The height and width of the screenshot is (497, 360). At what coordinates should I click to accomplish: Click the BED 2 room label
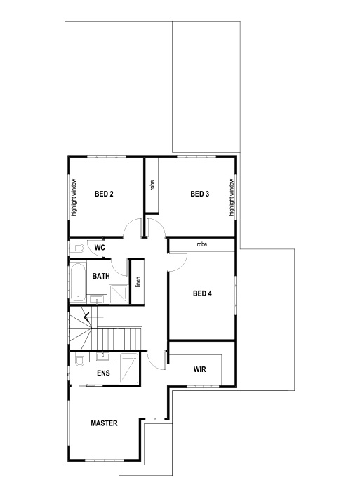[x=104, y=194]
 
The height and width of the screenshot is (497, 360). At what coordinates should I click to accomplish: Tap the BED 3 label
[x=200, y=194]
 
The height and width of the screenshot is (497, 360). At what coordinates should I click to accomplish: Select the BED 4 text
[x=202, y=293]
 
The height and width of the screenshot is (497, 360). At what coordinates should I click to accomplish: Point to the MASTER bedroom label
[x=104, y=423]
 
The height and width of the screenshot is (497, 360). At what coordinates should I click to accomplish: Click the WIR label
[x=199, y=368]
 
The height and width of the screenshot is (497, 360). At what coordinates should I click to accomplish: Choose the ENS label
[x=102, y=373]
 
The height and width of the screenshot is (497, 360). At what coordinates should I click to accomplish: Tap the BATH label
[x=100, y=277]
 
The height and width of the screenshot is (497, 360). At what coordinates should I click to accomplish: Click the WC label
[x=100, y=248]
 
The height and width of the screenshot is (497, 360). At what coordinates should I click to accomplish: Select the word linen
[x=138, y=281]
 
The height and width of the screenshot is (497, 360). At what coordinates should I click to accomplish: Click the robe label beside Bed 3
[x=152, y=186]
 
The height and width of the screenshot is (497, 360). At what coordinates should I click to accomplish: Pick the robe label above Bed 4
[x=202, y=244]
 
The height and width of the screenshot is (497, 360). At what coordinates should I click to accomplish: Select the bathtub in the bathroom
[x=77, y=283]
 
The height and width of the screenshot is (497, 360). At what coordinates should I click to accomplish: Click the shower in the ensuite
[x=129, y=368]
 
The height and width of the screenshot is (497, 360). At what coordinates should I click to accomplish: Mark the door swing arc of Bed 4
[x=178, y=261]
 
